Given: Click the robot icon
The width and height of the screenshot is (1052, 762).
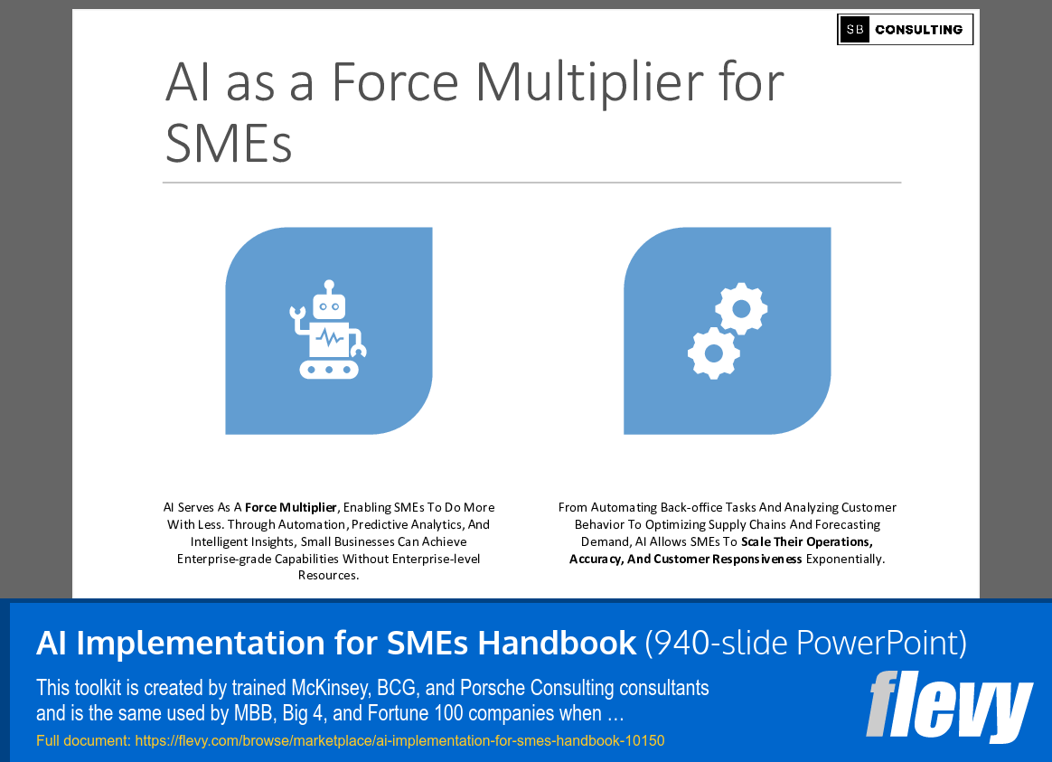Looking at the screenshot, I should pos(328,330).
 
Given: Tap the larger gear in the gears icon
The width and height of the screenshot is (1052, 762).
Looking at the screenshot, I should pos(713,353).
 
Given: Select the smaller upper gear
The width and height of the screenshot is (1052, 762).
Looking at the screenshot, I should pos(741,308).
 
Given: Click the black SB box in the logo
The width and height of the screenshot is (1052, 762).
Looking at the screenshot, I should pos(854,30).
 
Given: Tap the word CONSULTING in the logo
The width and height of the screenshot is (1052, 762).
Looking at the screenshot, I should pos(918,30).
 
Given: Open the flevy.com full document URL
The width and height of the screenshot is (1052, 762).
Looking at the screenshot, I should pos(399,741).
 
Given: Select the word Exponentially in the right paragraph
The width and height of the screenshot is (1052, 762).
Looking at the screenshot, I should pos(845,560).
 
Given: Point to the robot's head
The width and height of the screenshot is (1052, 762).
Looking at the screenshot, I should pos(329,306).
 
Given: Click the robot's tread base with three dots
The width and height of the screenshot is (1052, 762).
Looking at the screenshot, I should pos(329,370).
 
